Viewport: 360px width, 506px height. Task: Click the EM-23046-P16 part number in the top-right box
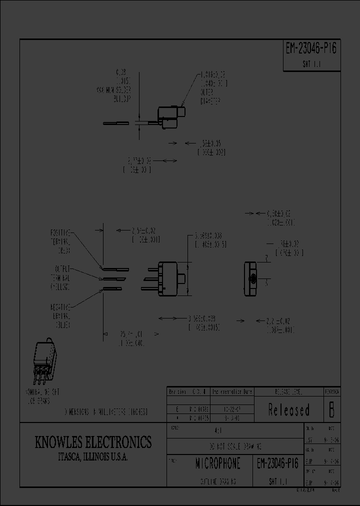click(x=311, y=48)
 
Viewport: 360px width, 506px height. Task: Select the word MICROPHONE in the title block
click(x=217, y=463)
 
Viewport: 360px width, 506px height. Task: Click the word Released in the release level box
click(x=289, y=410)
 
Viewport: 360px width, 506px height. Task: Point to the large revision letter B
click(x=330, y=410)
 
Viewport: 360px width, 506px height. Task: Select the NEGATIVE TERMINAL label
click(x=60, y=315)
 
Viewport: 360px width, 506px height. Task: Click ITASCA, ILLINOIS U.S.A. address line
click(x=92, y=457)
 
